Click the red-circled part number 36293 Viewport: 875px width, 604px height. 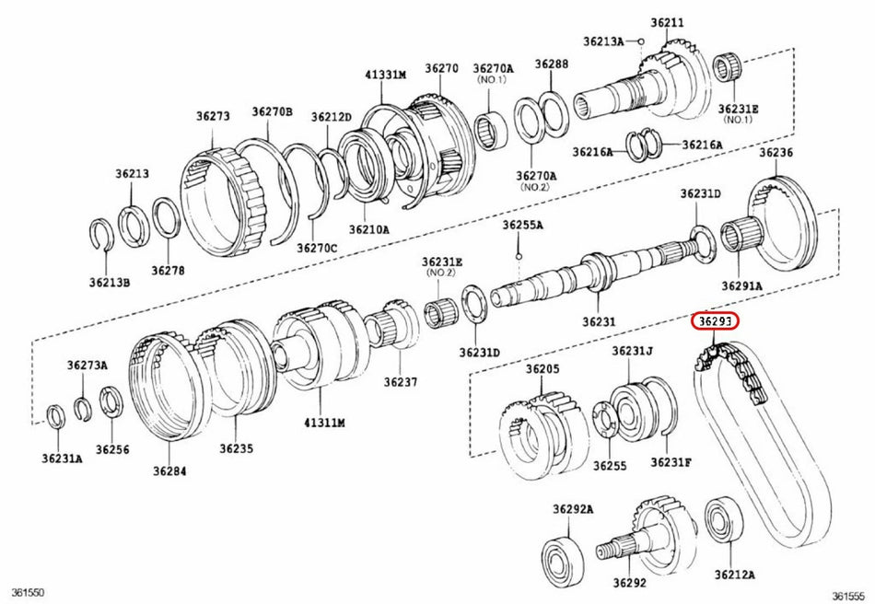(x=717, y=322)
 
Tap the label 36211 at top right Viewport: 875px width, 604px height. (x=668, y=21)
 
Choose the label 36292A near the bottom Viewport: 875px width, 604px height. (x=573, y=509)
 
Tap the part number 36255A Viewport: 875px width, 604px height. (x=522, y=225)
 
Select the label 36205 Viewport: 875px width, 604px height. (x=542, y=369)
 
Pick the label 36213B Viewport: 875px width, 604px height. (x=111, y=282)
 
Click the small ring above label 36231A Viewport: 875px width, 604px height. (x=55, y=416)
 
